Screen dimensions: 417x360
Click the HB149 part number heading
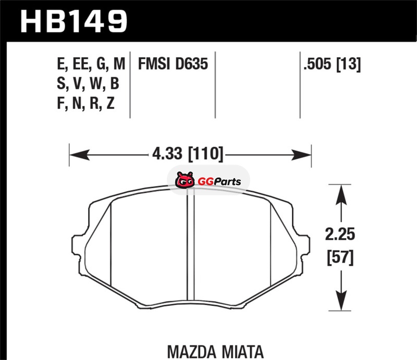click(73, 21)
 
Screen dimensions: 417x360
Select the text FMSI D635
click(173, 64)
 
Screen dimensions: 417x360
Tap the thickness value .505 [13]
click(332, 64)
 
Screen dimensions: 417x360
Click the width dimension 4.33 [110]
click(188, 154)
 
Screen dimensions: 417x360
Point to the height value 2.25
click(340, 234)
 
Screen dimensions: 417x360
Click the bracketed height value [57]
click(340, 257)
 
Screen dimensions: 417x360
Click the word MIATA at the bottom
click(243, 352)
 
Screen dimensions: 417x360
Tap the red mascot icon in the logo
click(185, 180)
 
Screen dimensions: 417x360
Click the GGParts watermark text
click(219, 182)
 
